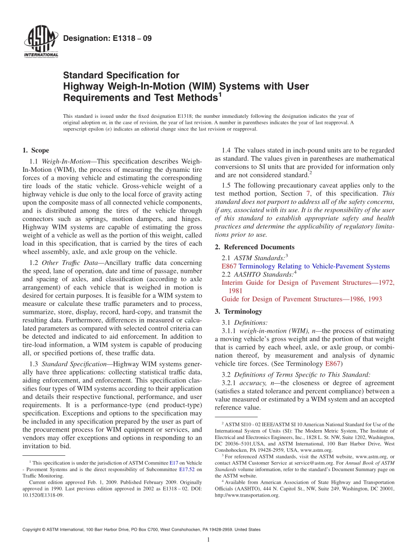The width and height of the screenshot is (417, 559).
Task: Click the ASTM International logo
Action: (x=40, y=42)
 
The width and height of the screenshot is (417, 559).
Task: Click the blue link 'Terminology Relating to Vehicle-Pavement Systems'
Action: (x=314, y=266)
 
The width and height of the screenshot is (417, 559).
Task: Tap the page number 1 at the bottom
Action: (x=208, y=540)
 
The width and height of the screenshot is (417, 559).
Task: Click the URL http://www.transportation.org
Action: (x=247, y=495)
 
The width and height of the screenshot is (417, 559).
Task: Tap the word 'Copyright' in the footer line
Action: (x=33, y=530)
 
